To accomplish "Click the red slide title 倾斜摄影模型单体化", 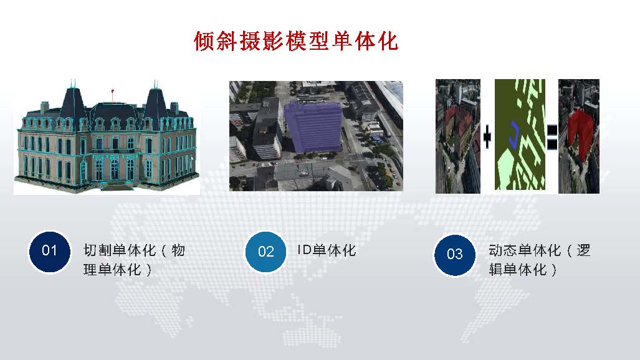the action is (x=296, y=41).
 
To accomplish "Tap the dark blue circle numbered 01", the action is (x=49, y=252).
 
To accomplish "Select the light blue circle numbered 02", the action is (x=265, y=252).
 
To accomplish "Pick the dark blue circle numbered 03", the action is (x=454, y=255).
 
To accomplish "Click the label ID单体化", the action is (x=327, y=250).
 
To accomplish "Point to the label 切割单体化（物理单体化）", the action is (x=134, y=260).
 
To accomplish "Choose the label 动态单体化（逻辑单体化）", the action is (x=540, y=260).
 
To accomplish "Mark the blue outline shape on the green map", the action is (x=514, y=135).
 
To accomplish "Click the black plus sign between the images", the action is (x=487, y=136).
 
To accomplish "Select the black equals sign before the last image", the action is (x=552, y=136).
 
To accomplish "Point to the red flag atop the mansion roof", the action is (x=112, y=92).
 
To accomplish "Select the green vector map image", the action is (x=520, y=135).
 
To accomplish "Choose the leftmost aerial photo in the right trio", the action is (x=458, y=136).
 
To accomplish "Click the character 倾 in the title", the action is (x=204, y=41).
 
